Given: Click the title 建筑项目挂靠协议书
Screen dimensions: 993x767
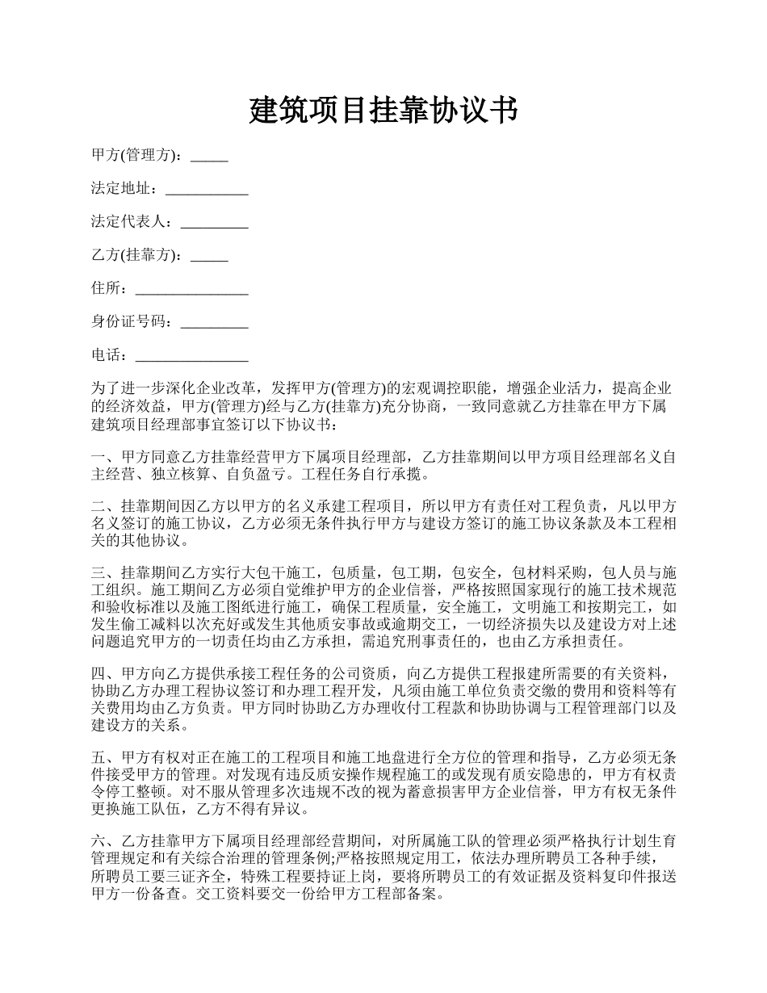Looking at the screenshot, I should click(x=383, y=111).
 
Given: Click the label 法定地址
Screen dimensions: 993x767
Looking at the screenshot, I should click(x=120, y=190).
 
